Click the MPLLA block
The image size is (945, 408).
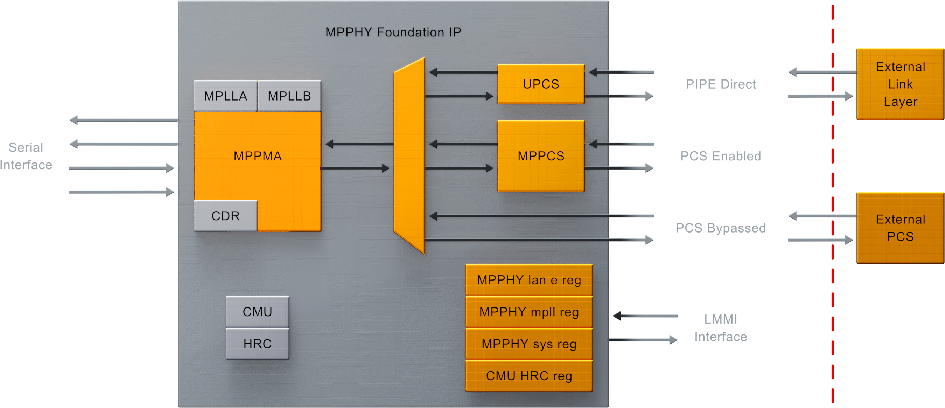(x=225, y=96)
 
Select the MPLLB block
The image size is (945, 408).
(x=289, y=96)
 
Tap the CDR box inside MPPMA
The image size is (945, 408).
(x=225, y=216)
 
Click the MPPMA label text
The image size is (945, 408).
(x=258, y=156)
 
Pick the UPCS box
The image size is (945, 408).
(x=541, y=84)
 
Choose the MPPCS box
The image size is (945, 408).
(x=541, y=156)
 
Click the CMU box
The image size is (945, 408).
(x=257, y=312)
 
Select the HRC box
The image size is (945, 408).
(x=257, y=344)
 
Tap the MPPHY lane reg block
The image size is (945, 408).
(x=528, y=280)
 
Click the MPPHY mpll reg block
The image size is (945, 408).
(x=528, y=312)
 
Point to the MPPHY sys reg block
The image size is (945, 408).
(x=528, y=344)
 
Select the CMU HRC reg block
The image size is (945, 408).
(x=528, y=376)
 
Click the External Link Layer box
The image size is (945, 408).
(x=900, y=84)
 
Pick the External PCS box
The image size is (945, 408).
(x=900, y=228)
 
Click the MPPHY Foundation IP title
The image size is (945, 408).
(x=393, y=32)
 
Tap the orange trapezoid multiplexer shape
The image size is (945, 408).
(x=409, y=156)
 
